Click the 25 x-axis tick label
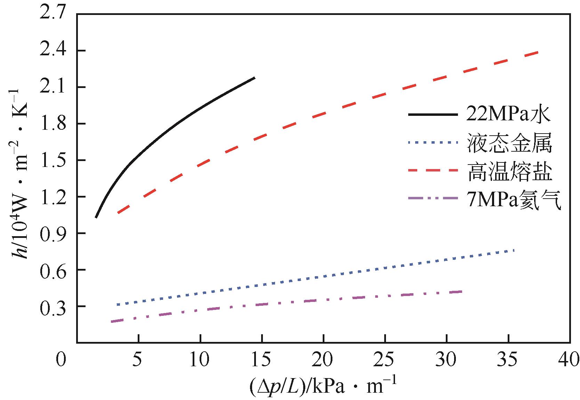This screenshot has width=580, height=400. click(x=385, y=359)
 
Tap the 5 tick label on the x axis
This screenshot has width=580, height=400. click(x=138, y=359)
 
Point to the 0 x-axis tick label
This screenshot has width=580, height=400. click(x=62, y=359)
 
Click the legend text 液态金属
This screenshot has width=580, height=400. click(x=510, y=143)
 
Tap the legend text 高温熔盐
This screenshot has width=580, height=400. click(x=510, y=171)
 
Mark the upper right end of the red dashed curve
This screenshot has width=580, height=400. click(x=538, y=52)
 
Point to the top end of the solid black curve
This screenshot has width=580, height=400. click(x=255, y=78)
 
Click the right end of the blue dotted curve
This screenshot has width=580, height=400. click(x=514, y=250)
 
